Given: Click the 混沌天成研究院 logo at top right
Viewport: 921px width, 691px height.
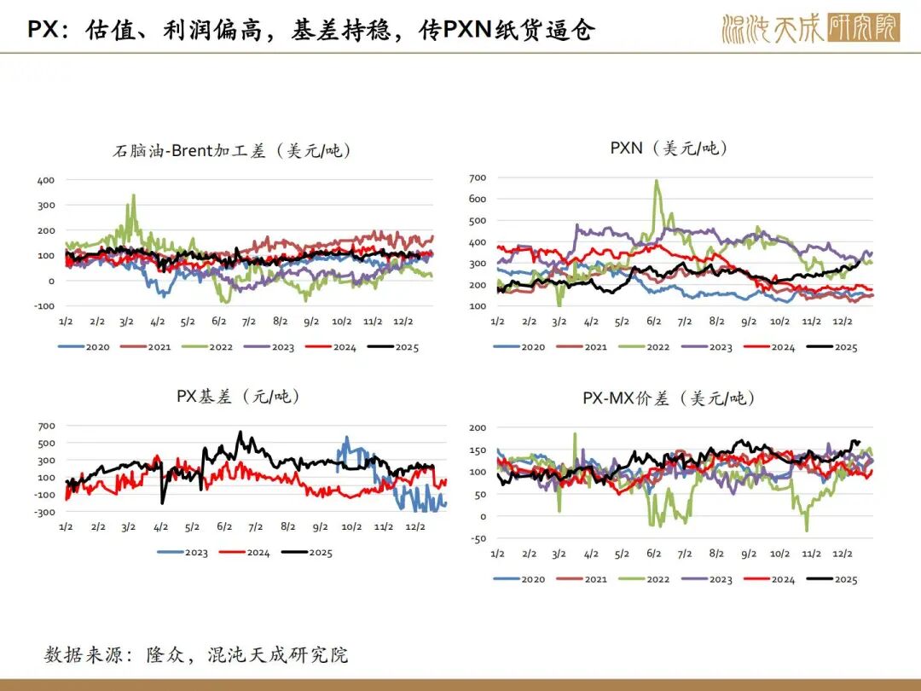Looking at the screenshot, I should (x=810, y=28).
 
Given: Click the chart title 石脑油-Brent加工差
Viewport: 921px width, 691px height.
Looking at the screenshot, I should (x=232, y=152).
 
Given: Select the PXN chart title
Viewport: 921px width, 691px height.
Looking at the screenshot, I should (x=669, y=148).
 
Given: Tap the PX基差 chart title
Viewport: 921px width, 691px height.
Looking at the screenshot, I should (x=238, y=397).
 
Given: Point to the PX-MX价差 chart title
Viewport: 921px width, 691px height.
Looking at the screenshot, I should (x=669, y=398).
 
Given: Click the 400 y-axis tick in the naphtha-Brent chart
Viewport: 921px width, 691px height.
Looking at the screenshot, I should (x=45, y=180).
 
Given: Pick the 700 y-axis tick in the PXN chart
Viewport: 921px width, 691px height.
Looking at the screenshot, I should (x=478, y=177).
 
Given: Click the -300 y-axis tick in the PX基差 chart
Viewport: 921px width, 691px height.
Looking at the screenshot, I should (x=45, y=512).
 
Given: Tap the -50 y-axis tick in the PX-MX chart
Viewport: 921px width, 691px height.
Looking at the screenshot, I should (x=478, y=538).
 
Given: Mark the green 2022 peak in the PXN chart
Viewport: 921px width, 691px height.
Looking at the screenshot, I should (x=656, y=181).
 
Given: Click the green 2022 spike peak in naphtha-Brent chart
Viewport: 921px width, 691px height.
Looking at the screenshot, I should (x=133, y=195).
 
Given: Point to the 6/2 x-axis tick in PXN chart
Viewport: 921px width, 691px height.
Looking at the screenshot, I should (x=654, y=322).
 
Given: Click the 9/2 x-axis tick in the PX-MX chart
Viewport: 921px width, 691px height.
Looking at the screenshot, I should (x=748, y=554).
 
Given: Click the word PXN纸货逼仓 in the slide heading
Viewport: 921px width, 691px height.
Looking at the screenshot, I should (x=507, y=29).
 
